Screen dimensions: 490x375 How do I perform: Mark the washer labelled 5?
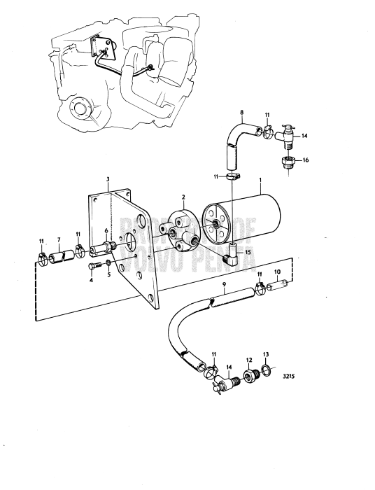[x=108, y=265]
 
